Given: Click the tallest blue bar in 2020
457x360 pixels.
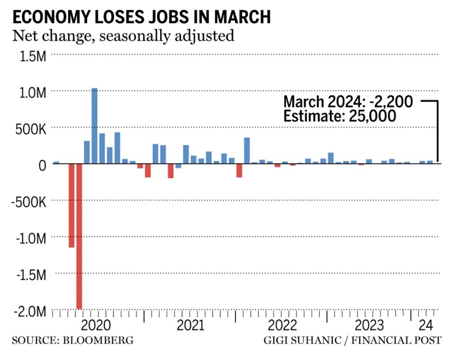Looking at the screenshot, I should pos(95,126).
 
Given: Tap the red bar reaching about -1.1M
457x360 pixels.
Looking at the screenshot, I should pos(71,205).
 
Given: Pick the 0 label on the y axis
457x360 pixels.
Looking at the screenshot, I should pos(42,166).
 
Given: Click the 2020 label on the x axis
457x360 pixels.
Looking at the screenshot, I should pos(98,324).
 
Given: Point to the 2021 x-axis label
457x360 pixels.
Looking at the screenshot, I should pos(191,324).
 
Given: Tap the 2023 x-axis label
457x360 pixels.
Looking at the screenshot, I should pos(369,324).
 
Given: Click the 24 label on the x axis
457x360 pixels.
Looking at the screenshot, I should pos(425,324).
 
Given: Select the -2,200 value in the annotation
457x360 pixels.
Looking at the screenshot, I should pos(389,101).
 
